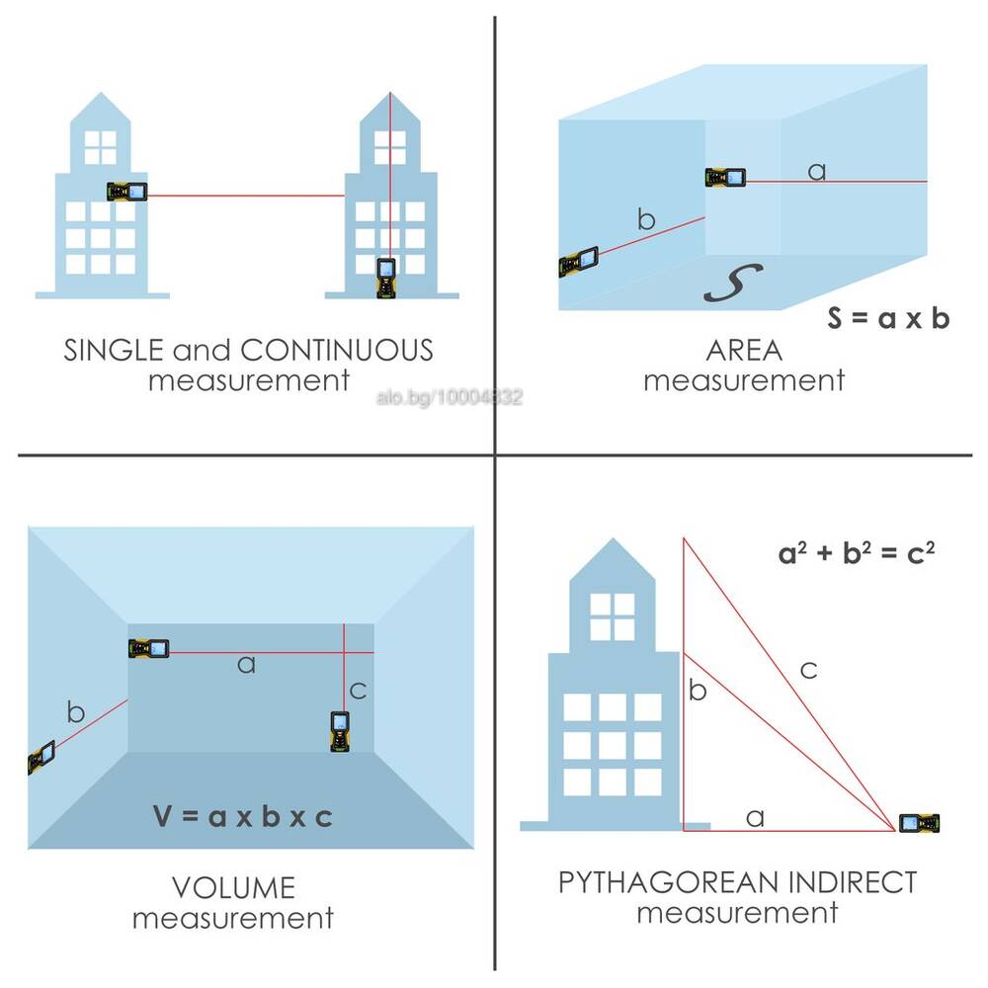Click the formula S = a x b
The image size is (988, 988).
pos(888,318)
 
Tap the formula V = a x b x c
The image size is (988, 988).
pos(243,817)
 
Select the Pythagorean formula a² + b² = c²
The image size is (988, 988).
pos(857,552)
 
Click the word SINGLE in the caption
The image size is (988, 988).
pos(114,351)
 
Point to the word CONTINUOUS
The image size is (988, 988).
pos(337,351)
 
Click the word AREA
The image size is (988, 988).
pos(744,351)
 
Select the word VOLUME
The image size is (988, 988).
pos(233,888)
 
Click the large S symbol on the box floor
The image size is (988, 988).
pos(733,283)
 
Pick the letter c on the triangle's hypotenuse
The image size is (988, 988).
pos(808,670)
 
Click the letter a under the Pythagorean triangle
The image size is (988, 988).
pos(755,818)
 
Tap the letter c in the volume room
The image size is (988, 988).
pos(358,691)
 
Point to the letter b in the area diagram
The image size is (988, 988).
pos(646,219)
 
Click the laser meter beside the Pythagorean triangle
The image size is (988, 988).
pos(919,823)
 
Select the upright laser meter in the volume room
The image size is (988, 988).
pos(340,731)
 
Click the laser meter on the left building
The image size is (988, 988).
pos(126,191)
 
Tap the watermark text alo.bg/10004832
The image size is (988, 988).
pos(450,397)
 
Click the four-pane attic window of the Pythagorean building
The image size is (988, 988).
pos(612,617)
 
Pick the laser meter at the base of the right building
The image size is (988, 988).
pos(385,278)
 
